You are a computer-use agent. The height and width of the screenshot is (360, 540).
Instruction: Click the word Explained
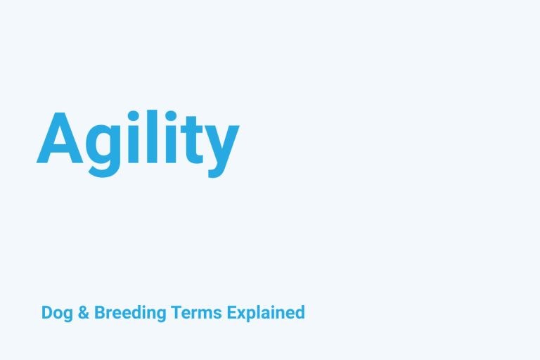pyautogui.click(x=266, y=313)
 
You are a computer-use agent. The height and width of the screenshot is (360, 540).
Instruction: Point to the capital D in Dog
pyautogui.click(x=46, y=312)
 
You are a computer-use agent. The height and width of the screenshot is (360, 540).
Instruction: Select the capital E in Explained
pyautogui.click(x=231, y=312)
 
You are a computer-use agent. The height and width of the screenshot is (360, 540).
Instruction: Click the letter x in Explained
pyautogui.click(x=241, y=314)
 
